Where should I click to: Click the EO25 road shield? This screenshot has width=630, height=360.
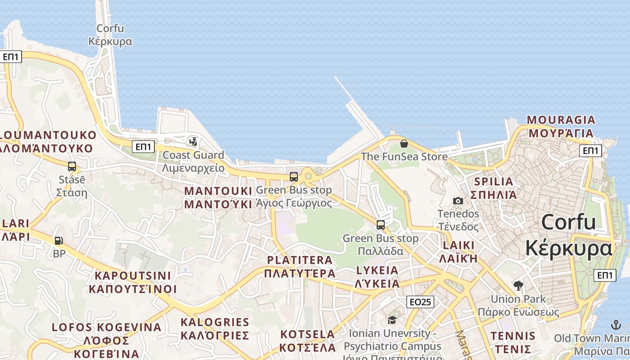click(420, 302)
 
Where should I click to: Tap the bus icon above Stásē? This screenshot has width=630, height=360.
click(72, 166)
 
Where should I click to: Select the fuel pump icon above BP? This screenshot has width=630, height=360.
click(59, 241)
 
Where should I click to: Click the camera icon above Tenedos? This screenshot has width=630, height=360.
click(458, 201)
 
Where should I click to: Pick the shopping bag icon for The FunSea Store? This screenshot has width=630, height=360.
click(404, 144)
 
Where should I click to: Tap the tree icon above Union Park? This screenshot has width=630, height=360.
click(518, 285)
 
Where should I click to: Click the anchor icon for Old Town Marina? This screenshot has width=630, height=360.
click(616, 325)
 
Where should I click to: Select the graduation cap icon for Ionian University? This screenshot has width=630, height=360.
click(392, 320)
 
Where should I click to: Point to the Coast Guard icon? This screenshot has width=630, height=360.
click(193, 142)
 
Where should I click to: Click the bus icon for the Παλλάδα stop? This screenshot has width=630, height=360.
click(381, 225)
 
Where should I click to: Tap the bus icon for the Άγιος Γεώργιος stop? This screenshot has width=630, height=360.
click(294, 177)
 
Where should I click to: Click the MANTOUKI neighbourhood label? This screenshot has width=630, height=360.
click(218, 198)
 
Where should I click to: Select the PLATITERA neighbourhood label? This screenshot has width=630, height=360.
click(300, 267)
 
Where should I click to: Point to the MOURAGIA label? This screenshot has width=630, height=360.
click(561, 126)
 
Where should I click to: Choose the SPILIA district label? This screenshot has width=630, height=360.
click(494, 188)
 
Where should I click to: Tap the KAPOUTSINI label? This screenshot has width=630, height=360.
click(133, 282)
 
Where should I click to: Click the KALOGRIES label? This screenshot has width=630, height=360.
click(215, 329)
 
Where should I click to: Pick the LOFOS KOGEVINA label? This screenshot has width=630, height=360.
click(107, 340)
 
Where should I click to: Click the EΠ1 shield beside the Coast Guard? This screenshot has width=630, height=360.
click(144, 147)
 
